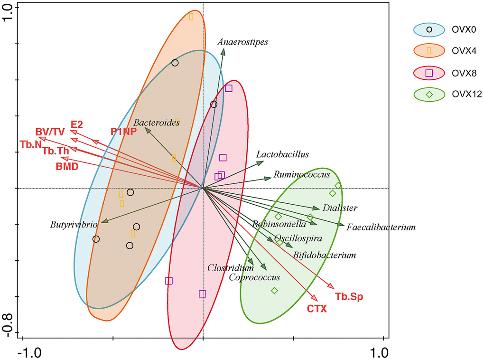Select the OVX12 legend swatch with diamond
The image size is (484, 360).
click(x=429, y=94)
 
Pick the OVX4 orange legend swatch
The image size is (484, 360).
click(x=429, y=51)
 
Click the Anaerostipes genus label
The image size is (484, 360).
click(x=243, y=42)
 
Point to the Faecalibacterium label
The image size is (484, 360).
click(x=381, y=227)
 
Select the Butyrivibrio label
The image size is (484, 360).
click(x=74, y=224)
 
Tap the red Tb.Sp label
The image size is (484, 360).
click(x=349, y=297)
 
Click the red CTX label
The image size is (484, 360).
click(x=316, y=309)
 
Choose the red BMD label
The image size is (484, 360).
click(x=67, y=166)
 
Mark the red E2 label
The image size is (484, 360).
click(x=76, y=124)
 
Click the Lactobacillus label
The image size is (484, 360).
click(x=282, y=154)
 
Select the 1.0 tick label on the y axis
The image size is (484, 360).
click(x=10, y=9)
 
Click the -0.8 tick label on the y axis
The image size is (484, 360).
click(x=10, y=329)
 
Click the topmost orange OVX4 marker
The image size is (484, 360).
click(x=191, y=17)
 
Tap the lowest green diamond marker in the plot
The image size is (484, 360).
click(x=274, y=291)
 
